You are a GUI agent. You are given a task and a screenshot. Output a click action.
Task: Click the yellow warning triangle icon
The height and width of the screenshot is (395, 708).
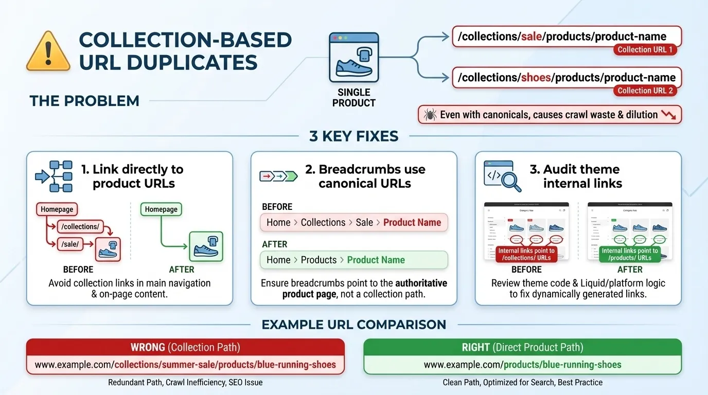[x=48, y=52]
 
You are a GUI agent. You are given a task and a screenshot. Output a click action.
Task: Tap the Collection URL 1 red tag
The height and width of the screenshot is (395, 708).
[x=645, y=49]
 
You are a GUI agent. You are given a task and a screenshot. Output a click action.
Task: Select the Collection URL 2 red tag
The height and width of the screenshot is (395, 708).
[x=645, y=91]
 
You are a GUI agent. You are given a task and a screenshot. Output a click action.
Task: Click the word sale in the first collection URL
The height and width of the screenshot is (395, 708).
[x=532, y=37]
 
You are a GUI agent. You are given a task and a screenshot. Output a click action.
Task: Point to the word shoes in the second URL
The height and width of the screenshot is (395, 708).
[x=536, y=78]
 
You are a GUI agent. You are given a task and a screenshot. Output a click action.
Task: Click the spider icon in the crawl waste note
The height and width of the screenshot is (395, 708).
[x=430, y=115]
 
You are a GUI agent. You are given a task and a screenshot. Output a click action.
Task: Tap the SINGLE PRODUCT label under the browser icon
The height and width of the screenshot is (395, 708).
[x=354, y=97]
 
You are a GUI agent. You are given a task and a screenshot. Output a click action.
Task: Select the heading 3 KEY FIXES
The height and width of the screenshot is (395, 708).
[x=354, y=136]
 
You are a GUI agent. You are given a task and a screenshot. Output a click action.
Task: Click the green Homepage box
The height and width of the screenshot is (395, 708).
[x=161, y=209]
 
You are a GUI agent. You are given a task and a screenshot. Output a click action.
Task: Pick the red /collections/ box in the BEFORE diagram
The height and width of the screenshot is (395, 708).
[x=80, y=226]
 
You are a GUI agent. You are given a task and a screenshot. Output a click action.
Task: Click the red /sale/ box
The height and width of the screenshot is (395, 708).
[x=70, y=244]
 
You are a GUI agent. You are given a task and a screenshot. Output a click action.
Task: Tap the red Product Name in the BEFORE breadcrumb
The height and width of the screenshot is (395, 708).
[x=412, y=223]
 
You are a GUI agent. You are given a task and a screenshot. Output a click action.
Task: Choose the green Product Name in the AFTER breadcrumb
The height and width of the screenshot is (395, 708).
[x=376, y=260]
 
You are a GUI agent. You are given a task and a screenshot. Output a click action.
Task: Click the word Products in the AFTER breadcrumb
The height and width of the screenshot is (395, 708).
[x=318, y=260]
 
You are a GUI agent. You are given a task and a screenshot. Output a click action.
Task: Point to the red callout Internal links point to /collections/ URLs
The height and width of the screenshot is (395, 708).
[x=526, y=254]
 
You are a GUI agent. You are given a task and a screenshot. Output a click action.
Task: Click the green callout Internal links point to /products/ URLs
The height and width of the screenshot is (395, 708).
[x=630, y=254]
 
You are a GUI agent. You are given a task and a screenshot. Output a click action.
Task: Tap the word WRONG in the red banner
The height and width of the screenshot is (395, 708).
[x=148, y=347]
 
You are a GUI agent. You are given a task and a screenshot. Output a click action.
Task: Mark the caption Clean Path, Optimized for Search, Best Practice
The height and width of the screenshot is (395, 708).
[x=522, y=383]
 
